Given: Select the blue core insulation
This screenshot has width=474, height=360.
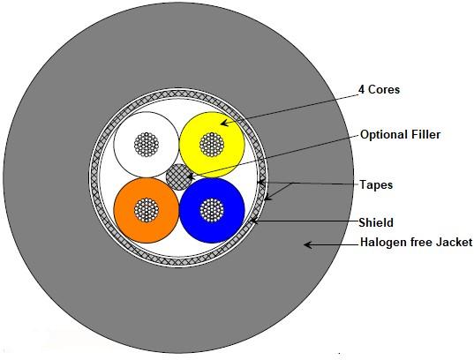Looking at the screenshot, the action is point(229,224).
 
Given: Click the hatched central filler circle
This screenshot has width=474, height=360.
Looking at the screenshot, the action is point(179,177).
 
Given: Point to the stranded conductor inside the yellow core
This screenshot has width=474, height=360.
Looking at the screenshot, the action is point(212,145).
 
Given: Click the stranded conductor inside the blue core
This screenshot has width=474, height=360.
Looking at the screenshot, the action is point(212,210).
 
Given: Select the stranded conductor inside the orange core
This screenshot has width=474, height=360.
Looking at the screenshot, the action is point(147,210).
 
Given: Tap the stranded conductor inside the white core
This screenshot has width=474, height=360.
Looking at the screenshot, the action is point(147,145).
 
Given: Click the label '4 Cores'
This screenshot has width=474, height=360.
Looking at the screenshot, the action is point(379,89).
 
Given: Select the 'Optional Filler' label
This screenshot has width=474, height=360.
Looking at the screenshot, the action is point(400,135).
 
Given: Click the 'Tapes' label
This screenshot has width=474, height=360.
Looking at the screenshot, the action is point(376,184).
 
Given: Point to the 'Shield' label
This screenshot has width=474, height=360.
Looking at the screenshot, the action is point(376,222).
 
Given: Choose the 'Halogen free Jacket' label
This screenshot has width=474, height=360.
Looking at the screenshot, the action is point(416,243).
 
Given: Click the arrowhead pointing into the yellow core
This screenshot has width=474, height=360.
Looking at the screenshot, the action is point(224,123).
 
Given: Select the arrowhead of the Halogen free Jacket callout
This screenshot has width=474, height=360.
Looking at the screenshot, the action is point(307,244).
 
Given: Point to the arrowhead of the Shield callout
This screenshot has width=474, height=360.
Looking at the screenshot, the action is point(254,221).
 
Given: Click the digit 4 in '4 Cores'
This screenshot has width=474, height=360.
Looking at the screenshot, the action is point(362,89).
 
